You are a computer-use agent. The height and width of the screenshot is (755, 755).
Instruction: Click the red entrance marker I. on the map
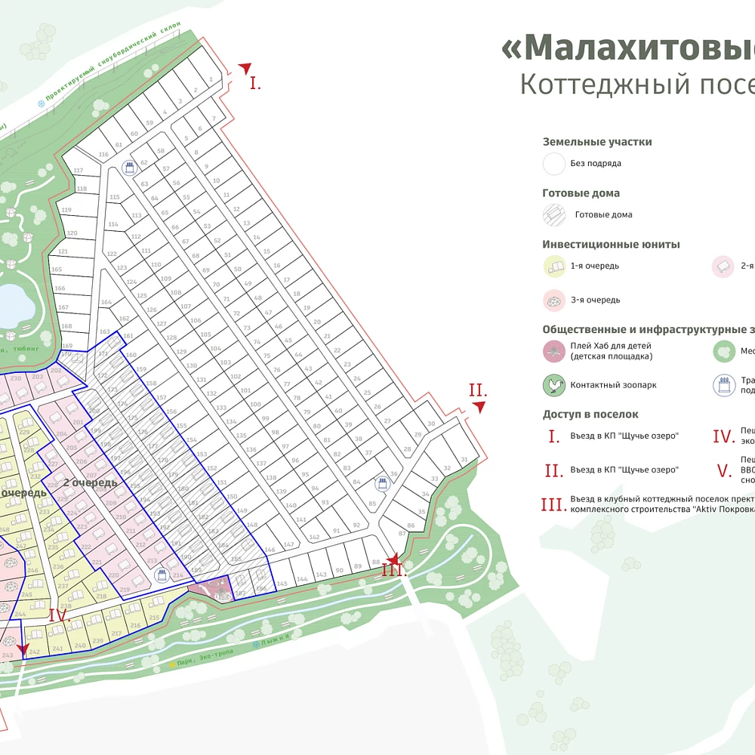[x=255, y=83]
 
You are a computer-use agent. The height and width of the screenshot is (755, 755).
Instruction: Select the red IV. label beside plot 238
[x=60, y=615]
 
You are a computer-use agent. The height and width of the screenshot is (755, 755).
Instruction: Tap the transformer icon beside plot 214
[x=160, y=575]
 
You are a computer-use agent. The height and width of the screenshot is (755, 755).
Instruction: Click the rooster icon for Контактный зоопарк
[x=555, y=385]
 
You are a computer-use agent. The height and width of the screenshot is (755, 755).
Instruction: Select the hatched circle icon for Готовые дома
[x=555, y=214]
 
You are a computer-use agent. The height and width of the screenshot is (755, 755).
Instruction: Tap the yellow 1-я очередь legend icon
[x=555, y=266]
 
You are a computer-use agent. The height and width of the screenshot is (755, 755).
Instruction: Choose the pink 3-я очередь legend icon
[x=555, y=300]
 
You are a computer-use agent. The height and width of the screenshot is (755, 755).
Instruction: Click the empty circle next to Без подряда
[x=555, y=163]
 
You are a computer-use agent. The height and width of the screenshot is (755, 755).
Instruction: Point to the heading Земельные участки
[x=596, y=142]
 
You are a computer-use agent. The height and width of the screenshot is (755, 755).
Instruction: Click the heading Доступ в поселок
[x=590, y=414]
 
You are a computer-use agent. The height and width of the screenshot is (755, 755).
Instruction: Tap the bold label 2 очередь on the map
[x=90, y=482]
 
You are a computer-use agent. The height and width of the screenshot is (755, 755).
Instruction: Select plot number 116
[x=103, y=154]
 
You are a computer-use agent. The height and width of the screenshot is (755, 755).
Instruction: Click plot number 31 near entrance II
[x=464, y=460]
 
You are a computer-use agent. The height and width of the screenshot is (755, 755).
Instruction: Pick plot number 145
[x=282, y=584]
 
